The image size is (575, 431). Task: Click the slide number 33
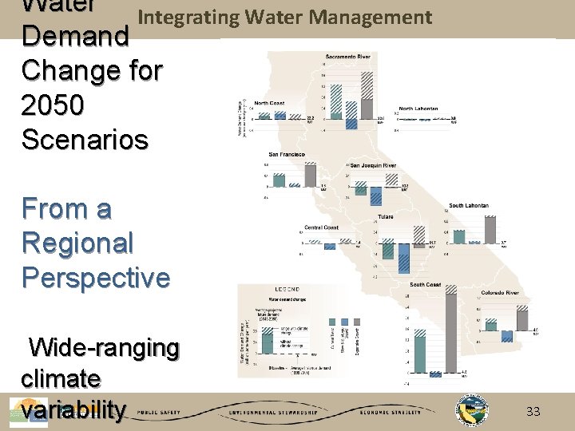[x=533, y=412]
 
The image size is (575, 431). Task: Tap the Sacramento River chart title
[x=347, y=57]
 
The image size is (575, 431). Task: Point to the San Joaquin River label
[x=373, y=165]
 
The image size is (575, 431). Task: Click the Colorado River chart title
[x=499, y=293]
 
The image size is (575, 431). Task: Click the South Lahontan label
[x=469, y=206]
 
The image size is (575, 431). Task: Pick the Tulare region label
[x=385, y=216]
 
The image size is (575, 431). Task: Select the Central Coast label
[x=321, y=227]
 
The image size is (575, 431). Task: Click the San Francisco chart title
[x=285, y=154]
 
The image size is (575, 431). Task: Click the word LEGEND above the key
[x=287, y=288]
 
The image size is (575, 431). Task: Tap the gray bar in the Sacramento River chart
[x=367, y=109]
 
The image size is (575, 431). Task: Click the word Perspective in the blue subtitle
[x=96, y=277]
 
